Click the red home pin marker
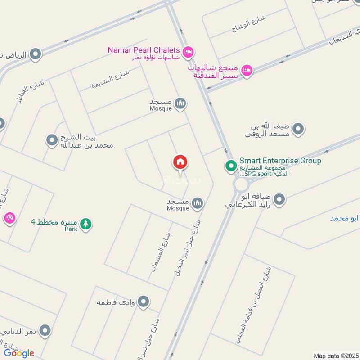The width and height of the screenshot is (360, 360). (180, 162)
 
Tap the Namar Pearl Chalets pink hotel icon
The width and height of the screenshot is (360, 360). (189, 51)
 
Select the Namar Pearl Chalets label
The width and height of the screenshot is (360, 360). (144, 50)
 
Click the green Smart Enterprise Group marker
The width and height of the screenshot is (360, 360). (231, 166)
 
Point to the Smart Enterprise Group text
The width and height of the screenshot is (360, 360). (280, 161)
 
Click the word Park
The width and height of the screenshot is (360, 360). (71, 229)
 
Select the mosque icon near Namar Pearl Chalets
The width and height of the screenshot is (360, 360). (180, 104)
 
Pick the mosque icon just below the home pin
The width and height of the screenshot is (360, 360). (197, 204)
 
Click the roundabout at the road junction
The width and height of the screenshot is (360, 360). (241, 183)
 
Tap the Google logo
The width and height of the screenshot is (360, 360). (19, 353)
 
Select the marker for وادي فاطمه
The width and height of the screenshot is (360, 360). (144, 301)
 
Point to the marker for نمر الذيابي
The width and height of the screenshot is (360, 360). (45, 332)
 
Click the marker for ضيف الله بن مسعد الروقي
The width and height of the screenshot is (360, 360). (298, 130)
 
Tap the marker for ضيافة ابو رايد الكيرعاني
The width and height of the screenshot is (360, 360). (279, 199)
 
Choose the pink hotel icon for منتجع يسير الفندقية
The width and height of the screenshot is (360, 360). (246, 70)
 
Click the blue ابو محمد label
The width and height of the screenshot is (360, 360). (345, 219)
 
